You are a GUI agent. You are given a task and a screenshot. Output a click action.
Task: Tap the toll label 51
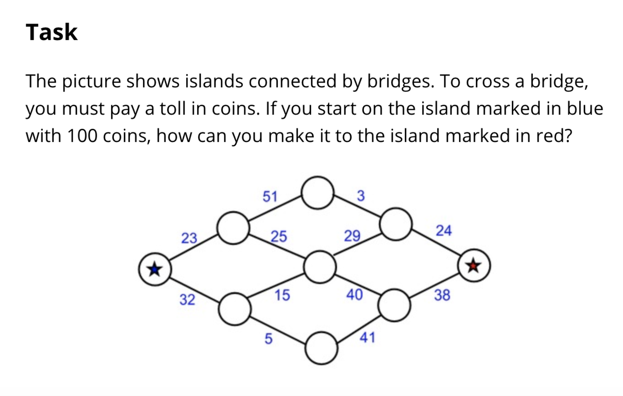pos(269,196)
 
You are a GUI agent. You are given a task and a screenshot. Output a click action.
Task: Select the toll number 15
pos(282,295)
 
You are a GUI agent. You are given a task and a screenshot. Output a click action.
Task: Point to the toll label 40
pos(354,295)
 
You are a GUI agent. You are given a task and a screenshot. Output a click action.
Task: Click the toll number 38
pos(442,295)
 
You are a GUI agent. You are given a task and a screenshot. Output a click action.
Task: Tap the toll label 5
pos(268,339)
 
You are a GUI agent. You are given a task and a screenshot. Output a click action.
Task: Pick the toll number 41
pos(367,338)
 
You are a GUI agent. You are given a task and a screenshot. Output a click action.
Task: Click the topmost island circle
pos(319,192)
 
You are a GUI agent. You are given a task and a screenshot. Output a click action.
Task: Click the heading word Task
pos(51,33)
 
